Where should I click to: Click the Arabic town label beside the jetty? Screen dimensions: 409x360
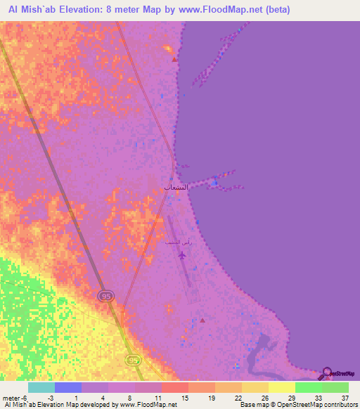coord(176,188)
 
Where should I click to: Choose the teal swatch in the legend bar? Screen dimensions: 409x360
coord(41,387)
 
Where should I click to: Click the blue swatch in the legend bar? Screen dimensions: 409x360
coord(67,387)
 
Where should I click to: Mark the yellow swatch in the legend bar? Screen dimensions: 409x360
coord(281,387)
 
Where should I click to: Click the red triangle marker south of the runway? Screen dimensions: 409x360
coord(202,320)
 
